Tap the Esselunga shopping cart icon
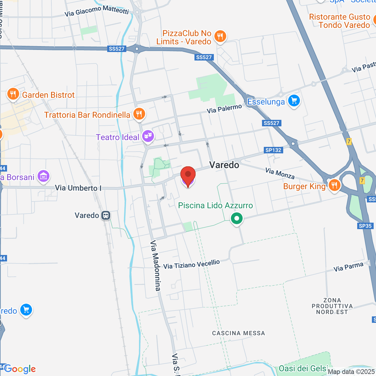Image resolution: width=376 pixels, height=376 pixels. tap(294, 101)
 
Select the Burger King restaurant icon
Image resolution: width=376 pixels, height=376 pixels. tap(334, 185)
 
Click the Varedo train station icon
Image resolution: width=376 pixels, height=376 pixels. tap(106, 216)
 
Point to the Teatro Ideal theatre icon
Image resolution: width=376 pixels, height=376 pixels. tap(148, 136)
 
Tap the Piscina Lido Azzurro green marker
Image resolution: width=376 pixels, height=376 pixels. tap(237, 218)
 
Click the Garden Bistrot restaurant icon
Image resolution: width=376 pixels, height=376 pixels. tap(13, 94)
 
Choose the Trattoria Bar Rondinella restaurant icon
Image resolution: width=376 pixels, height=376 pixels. tap(139, 114)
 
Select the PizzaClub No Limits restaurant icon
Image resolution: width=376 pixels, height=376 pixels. tap(220, 37)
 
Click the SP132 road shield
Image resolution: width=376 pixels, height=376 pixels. tap(274, 150)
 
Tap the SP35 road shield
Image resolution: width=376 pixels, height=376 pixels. tap(365, 226)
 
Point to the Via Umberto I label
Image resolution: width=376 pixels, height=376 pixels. tap(78, 188)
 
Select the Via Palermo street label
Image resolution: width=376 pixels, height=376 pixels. tap(224, 109)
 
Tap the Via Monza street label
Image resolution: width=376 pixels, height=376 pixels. tap(280, 173)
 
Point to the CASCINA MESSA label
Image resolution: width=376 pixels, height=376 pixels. tap(238, 333)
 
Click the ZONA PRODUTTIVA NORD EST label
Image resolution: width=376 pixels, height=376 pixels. tap(332, 306)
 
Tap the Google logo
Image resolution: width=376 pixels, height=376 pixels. tap(20, 369)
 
